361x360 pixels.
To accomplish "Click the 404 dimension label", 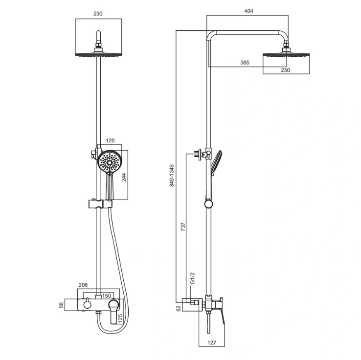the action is coord(248,11).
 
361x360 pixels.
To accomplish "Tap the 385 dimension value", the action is coord(245,63).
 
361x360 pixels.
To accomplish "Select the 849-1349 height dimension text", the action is coord(172,176).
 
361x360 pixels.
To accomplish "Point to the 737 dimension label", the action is coord(183,227).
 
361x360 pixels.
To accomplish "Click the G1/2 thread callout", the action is coord(192,278).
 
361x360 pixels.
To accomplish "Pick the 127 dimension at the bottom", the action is coord(212,343).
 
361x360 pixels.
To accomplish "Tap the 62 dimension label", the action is coord(179,309).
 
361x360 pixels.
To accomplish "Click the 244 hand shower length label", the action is coord(124,177).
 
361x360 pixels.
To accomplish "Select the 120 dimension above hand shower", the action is coord(110,140).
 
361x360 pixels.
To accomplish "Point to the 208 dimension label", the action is coord(83,285).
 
